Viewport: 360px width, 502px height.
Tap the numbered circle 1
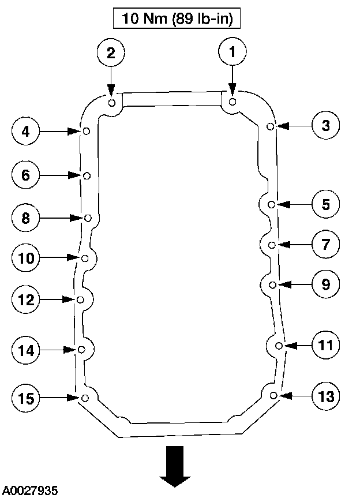(232, 53)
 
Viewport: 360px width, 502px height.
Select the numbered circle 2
(111, 53)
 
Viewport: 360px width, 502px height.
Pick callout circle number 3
(326, 125)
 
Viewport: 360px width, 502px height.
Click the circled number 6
(26, 175)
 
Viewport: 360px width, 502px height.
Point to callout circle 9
(325, 284)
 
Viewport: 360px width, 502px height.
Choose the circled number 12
(26, 299)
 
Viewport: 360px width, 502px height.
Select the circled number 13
(325, 396)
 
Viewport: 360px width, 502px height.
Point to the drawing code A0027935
(30, 491)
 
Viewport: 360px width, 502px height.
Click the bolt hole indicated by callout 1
(232, 102)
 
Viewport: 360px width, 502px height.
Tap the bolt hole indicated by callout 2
(112, 103)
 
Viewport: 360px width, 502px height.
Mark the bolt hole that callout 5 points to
(272, 204)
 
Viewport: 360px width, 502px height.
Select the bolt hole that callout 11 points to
(279, 346)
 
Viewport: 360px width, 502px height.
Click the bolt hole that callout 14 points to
(81, 350)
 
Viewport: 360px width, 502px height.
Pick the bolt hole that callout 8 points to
(88, 218)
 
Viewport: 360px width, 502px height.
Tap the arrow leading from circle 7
(294, 245)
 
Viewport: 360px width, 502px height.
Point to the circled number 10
(26, 258)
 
